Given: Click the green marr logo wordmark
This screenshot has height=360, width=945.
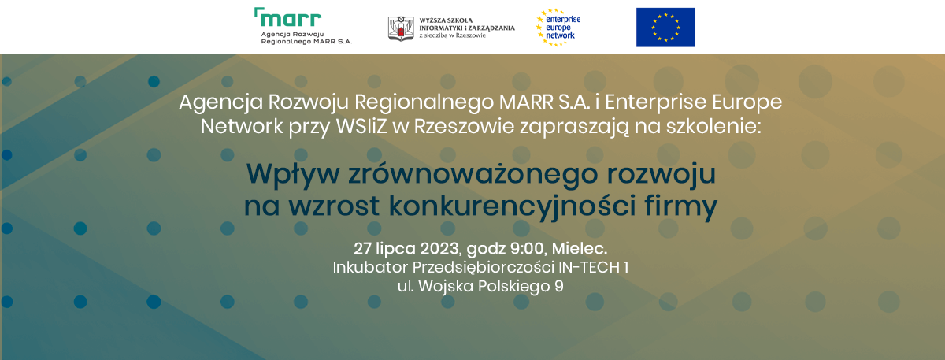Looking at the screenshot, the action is pyautogui.click(x=288, y=17).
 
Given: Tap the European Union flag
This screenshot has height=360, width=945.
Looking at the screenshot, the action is pyautogui.click(x=665, y=28).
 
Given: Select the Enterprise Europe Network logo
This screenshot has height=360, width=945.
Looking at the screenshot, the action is pyautogui.click(x=558, y=27).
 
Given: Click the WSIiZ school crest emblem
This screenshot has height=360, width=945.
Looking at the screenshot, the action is pyautogui.click(x=401, y=28).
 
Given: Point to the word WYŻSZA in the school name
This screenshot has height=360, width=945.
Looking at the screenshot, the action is pyautogui.click(x=432, y=20).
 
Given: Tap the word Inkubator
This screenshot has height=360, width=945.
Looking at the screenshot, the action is pyautogui.click(x=370, y=267).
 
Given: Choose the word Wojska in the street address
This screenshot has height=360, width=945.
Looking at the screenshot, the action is pyautogui.click(x=447, y=287).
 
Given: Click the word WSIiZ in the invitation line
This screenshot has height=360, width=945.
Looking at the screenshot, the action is pyautogui.click(x=361, y=127).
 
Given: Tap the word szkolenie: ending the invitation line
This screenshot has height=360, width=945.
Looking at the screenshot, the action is pyautogui.click(x=713, y=127).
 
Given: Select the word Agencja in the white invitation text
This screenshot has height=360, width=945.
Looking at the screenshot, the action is pyautogui.click(x=221, y=102).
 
